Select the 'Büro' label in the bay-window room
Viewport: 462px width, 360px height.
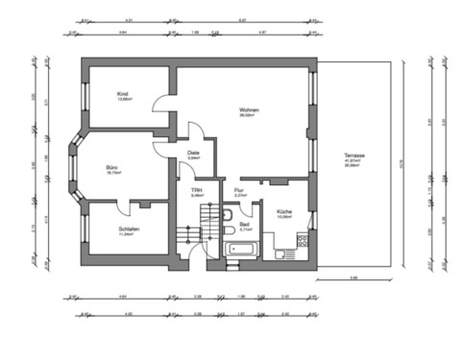pos(113,166)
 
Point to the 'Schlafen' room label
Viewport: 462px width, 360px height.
pos(130,228)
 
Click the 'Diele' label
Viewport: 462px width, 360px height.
pos(193,153)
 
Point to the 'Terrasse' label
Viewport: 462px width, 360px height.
pos(354,155)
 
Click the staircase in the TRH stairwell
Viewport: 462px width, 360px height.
pos(193,238)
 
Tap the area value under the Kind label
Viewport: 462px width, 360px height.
pos(125,99)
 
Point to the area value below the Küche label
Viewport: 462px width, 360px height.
pos(284,218)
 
